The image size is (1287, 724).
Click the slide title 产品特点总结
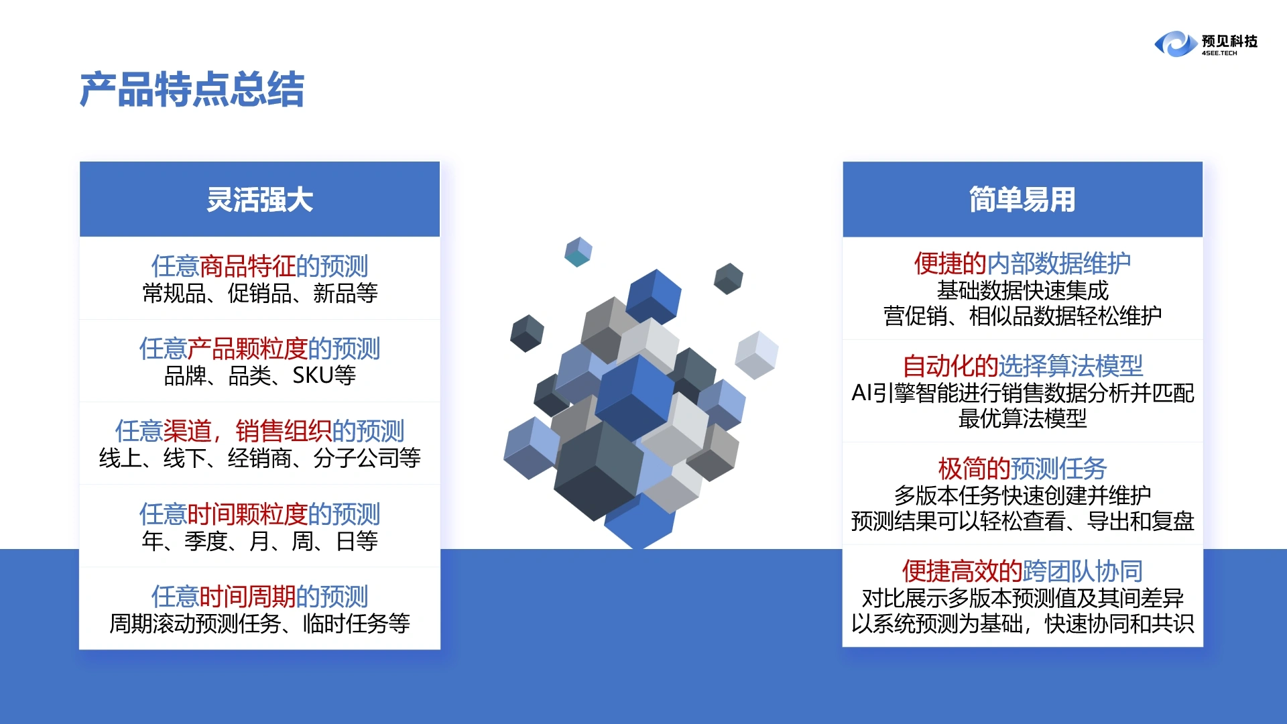click(192, 90)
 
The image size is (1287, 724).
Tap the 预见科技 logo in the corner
click(1205, 44)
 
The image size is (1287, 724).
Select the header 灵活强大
click(259, 200)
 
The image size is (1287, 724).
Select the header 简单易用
click(1022, 200)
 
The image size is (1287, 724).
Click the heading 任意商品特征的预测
click(259, 266)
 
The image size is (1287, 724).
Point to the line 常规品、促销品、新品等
click(260, 294)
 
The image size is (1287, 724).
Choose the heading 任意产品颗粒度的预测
click(259, 349)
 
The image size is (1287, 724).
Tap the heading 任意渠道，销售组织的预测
click(259, 431)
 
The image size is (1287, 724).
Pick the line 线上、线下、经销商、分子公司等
click(260, 459)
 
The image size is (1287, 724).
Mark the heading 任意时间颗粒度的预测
click(259, 514)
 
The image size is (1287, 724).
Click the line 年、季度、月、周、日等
click(260, 541)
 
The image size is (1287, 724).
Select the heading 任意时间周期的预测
click(259, 597)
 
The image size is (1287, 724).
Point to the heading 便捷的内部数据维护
click(1022, 263)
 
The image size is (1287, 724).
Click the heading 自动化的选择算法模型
click(1022, 366)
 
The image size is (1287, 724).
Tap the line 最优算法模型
click(1022, 419)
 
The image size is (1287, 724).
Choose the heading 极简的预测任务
click(1022, 469)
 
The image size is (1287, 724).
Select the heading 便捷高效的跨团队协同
click(1022, 571)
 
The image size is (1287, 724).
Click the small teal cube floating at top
click(578, 252)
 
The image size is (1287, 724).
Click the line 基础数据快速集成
click(1022, 291)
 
